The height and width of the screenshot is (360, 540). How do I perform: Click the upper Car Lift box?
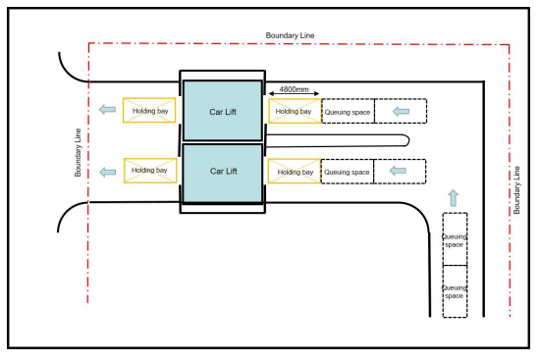224,111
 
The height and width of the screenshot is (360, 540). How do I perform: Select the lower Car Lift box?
224,171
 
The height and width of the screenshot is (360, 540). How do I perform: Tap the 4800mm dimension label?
295,89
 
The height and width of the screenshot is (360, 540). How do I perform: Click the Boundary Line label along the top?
291,35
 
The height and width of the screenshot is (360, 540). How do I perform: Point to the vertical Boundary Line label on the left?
80,152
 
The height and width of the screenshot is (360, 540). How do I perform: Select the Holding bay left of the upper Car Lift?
149,111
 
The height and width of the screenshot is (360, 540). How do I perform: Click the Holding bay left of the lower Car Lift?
149,170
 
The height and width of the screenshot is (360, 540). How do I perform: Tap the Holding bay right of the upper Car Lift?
295,112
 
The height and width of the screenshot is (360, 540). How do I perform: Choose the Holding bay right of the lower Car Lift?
295,172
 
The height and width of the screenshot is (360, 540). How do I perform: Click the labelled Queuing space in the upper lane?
348,112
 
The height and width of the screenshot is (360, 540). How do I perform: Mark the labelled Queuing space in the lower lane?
348,172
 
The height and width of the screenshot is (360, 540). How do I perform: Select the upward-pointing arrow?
453,197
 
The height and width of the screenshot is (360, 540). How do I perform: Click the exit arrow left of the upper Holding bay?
104,110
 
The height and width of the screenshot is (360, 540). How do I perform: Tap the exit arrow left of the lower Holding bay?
104,172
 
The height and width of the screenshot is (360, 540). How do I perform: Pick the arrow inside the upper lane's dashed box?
401,112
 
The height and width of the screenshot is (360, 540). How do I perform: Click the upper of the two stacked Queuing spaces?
455,238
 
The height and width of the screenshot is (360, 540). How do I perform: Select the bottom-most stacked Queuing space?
455,290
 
